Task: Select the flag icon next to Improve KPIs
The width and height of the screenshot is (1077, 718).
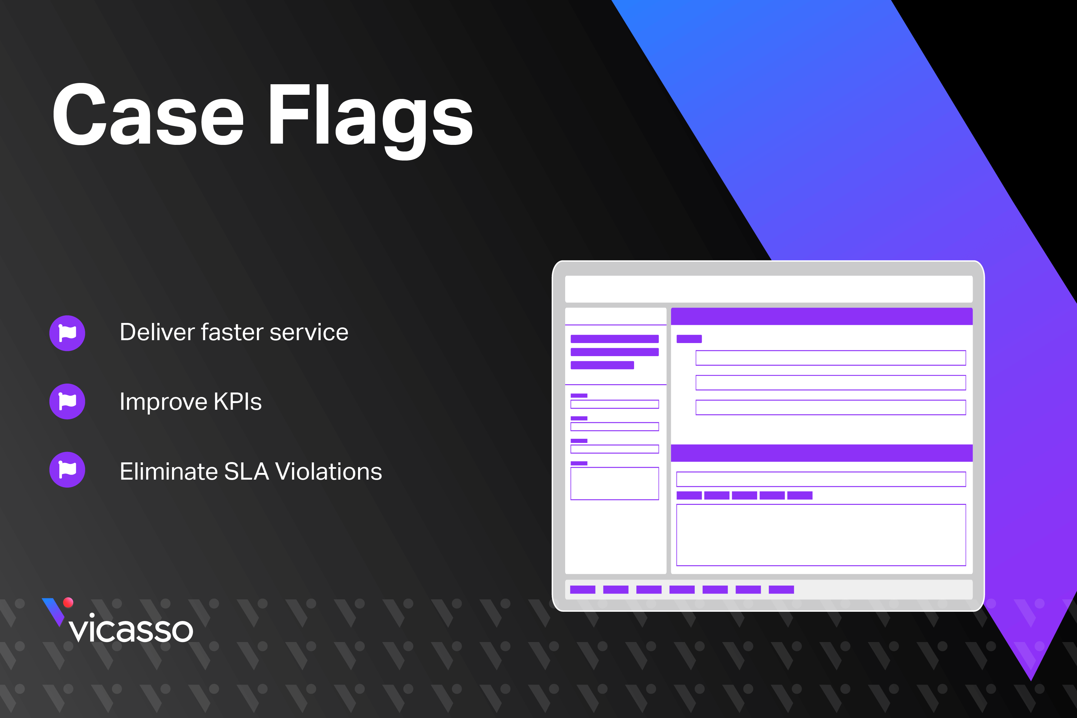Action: coord(67,401)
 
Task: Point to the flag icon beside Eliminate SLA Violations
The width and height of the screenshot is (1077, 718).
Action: coord(67,469)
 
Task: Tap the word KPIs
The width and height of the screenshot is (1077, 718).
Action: coord(238,401)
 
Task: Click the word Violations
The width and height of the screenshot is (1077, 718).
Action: coord(329,471)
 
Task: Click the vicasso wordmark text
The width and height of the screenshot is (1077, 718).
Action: coord(131,628)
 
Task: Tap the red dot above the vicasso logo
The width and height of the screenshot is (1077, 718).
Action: coord(68,602)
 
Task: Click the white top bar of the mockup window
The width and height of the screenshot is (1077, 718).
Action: coord(769,289)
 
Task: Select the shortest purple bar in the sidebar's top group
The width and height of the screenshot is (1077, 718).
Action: coord(602,365)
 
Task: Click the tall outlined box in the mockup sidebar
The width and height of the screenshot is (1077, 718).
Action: coord(615,483)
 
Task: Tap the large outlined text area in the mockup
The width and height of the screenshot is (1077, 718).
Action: coord(821,535)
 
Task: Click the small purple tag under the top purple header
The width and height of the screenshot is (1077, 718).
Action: coord(689,339)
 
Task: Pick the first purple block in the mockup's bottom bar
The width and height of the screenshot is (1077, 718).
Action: coord(582,590)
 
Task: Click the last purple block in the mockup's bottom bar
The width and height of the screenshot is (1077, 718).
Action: coord(781,590)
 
